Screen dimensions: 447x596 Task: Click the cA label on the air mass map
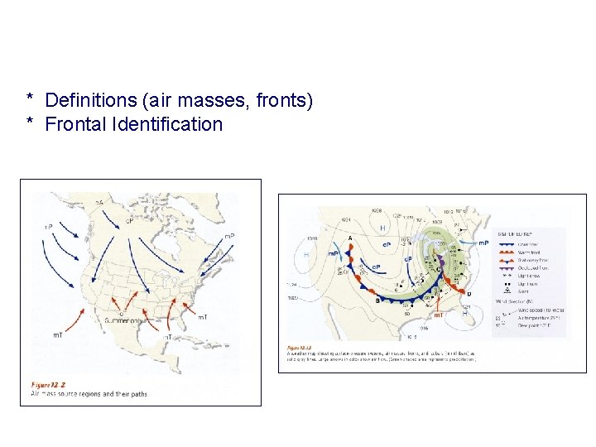coord(99,202)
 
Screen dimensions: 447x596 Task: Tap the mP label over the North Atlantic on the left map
coord(229,237)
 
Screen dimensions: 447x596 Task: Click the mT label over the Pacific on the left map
coord(58,334)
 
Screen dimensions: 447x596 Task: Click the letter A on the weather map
coord(350,238)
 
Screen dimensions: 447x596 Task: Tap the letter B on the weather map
coord(377,300)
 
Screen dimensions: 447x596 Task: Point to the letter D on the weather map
coord(470,294)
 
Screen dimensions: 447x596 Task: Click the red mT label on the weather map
coord(439,315)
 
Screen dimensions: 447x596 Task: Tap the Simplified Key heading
coord(514,234)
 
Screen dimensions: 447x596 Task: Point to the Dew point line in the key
coord(533,325)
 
